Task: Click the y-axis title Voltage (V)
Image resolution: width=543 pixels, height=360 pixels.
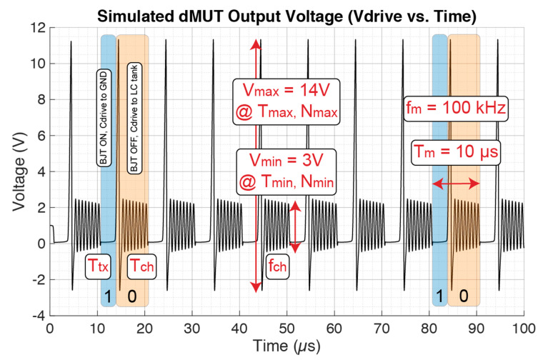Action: click(15, 171)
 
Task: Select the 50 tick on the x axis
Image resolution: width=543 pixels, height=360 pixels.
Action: click(287, 328)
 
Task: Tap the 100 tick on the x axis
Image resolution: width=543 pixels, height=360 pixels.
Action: click(524, 328)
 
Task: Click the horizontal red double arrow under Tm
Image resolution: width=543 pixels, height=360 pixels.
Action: click(455, 184)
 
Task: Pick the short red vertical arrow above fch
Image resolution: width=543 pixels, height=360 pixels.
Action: click(294, 228)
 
